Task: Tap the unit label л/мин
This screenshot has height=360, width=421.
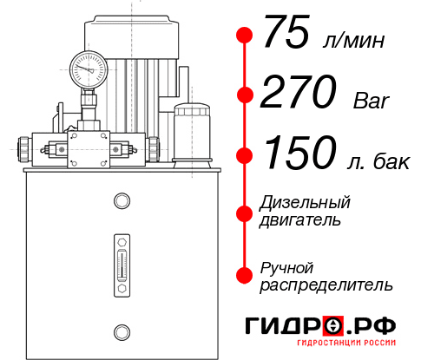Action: coord(353,40)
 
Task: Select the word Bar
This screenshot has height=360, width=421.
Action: coord(372,101)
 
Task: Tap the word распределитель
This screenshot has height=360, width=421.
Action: coord(326,284)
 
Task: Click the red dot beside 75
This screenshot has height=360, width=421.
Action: coord(245,36)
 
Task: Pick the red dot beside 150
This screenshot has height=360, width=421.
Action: coord(245,155)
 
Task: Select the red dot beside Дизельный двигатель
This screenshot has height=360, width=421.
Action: coord(245,213)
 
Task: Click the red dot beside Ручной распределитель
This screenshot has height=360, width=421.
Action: coord(245,275)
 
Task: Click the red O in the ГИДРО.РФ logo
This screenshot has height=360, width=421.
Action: coord(334,326)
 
